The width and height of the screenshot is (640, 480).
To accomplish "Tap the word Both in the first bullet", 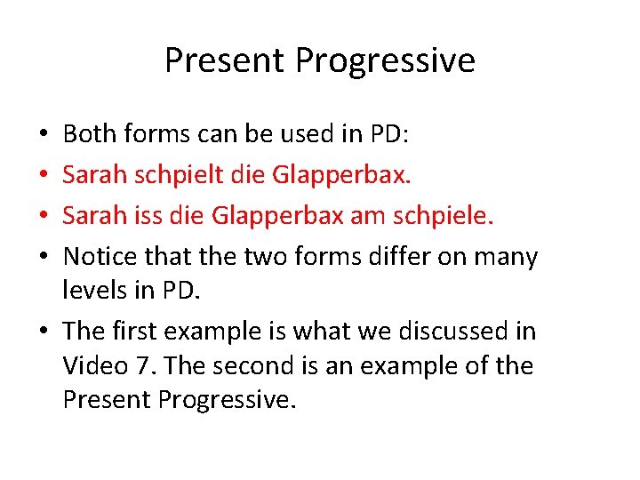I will click(88, 134).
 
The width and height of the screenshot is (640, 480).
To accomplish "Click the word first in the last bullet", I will click(136, 331).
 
